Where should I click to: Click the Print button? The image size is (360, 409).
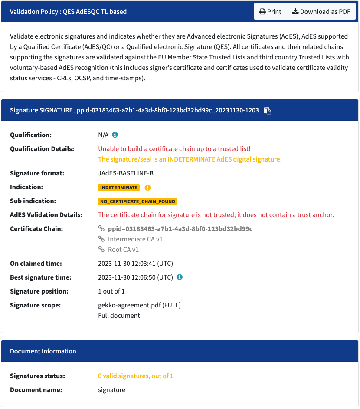click(270, 12)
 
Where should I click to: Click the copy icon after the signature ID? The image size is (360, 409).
click(268, 111)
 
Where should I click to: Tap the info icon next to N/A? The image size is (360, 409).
click(115, 135)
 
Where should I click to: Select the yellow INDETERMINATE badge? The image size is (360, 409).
click(118, 188)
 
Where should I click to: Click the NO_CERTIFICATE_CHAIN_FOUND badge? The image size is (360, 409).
click(138, 201)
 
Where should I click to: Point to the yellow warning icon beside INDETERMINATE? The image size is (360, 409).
click(147, 188)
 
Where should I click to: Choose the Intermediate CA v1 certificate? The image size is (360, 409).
click(135, 239)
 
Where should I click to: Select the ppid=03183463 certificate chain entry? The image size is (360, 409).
click(180, 228)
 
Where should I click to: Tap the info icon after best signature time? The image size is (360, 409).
click(180, 277)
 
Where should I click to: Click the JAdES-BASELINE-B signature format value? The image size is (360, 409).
click(126, 173)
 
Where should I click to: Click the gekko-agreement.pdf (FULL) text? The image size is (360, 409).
click(139, 305)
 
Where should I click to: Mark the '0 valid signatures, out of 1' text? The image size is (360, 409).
click(135, 376)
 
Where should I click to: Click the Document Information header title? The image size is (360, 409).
click(43, 351)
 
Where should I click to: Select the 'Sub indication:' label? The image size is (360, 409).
click(33, 201)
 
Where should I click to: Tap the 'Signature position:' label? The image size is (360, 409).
click(39, 291)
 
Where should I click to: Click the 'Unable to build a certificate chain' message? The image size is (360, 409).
click(174, 148)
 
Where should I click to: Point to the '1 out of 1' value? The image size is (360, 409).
click(111, 291)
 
